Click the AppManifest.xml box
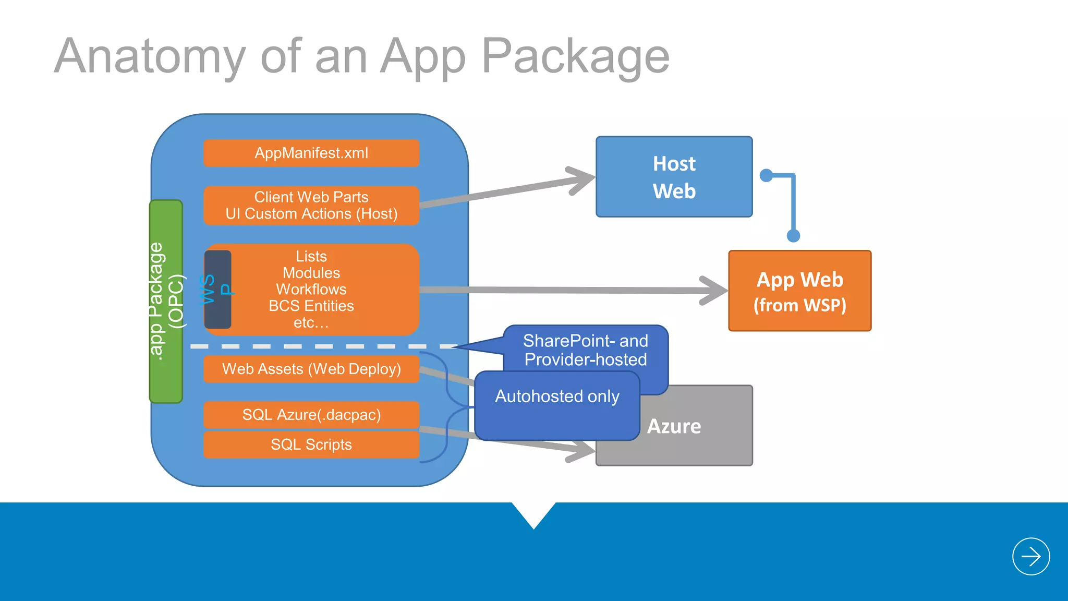[311, 153]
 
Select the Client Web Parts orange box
[311, 206]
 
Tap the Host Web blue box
[674, 177]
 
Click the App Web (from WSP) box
[799, 291]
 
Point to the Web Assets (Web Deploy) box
[311, 369]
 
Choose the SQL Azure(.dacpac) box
[311, 415]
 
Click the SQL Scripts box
[311, 444]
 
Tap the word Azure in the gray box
[674, 427]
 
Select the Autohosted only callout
[557, 397]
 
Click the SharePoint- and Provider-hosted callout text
[585, 350]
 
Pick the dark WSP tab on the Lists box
[217, 290]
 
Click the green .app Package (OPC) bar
[166, 302]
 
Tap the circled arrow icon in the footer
[1030, 557]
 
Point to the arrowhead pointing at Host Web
[583, 180]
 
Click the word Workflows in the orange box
[311, 290]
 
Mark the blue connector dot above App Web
[793, 236]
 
